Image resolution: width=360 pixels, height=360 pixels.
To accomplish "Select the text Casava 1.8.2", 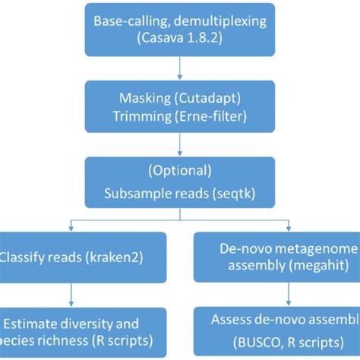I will [x=181, y=38].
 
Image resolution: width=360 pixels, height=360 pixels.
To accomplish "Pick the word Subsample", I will [x=135, y=193].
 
